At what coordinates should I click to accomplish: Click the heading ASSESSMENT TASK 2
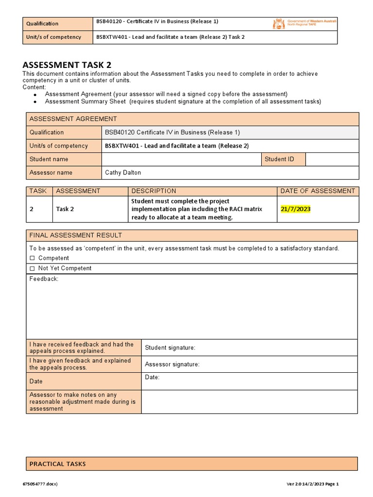[70, 65]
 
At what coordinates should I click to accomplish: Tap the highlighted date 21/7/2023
[295, 209]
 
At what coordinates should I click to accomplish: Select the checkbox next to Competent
[33, 258]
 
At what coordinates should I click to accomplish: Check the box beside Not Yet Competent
[33, 268]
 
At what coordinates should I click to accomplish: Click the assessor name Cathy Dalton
[123, 172]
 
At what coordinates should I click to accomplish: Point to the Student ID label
[279, 159]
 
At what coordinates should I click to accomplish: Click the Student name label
[49, 159]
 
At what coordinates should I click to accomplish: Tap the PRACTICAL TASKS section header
[57, 464]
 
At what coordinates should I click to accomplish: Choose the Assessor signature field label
[172, 364]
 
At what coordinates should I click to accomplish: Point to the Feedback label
[44, 279]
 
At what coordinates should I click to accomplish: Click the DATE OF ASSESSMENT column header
[318, 191]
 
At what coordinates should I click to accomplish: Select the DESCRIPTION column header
[153, 191]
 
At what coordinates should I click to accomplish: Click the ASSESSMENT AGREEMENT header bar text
[73, 119]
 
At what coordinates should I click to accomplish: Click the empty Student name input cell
[181, 159]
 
